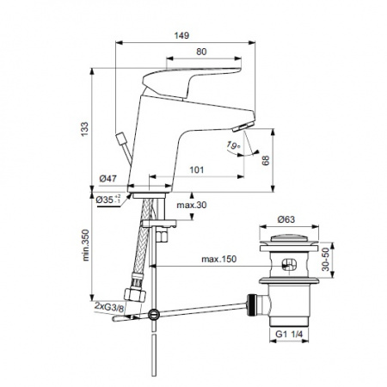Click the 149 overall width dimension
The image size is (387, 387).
pyautogui.click(x=181, y=35)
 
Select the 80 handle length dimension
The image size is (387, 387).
pyautogui.click(x=201, y=52)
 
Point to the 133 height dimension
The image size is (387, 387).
pyautogui.click(x=84, y=129)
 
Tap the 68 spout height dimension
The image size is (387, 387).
pyautogui.click(x=266, y=161)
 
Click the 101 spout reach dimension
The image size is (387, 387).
pyautogui.click(x=197, y=170)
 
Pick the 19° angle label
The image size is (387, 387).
pyautogui.click(x=233, y=145)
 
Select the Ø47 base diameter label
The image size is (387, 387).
pyautogui.click(x=108, y=179)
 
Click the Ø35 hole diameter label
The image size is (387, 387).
pyautogui.click(x=108, y=200)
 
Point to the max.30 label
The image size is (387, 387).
pyautogui.click(x=192, y=205)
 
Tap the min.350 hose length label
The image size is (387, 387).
pyautogui.click(x=86, y=245)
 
